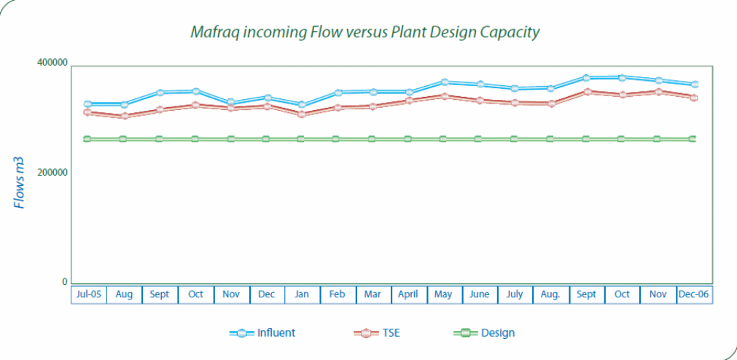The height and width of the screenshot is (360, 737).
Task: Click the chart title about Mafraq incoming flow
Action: click(x=364, y=32)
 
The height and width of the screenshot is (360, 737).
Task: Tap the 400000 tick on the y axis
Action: click(x=52, y=63)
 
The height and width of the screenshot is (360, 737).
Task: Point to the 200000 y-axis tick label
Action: click(x=52, y=173)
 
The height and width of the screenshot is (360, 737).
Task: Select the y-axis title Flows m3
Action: click(x=20, y=182)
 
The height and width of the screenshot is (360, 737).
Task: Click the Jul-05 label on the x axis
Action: click(x=88, y=294)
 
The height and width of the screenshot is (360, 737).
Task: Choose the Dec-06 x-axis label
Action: click(x=694, y=294)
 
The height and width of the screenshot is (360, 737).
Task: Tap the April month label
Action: click(x=408, y=294)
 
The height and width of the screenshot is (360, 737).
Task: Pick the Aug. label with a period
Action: click(x=550, y=294)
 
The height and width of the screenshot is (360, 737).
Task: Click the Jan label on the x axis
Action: click(x=301, y=294)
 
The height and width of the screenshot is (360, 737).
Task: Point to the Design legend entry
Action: click(x=485, y=333)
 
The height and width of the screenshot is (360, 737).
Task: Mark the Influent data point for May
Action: click(x=443, y=82)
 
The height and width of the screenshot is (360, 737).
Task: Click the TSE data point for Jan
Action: click(x=301, y=114)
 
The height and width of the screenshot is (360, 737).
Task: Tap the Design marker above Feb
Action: click(x=336, y=138)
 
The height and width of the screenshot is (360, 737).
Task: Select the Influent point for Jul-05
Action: click(x=88, y=104)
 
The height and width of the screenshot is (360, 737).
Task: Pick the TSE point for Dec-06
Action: click(x=694, y=97)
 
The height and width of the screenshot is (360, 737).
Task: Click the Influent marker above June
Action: click(x=479, y=85)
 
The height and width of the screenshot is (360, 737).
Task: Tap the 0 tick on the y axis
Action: click(x=64, y=282)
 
